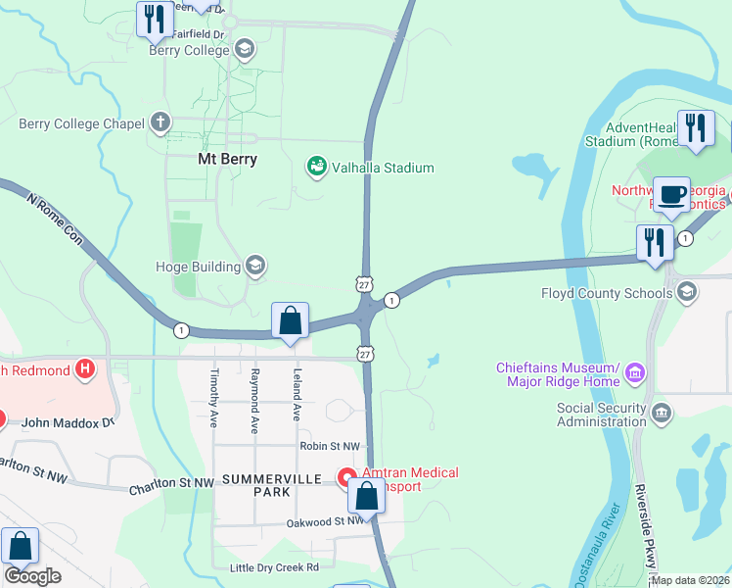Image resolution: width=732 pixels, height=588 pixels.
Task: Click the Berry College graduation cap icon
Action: coord(244,48)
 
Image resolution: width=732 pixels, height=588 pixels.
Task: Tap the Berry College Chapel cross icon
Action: coord(160,123)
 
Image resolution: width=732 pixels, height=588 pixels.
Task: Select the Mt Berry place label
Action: coord(227,159)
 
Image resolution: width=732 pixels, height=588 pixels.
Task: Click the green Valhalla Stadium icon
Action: coord(317,168)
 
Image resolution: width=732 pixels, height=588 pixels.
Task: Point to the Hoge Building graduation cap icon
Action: coord(255,266)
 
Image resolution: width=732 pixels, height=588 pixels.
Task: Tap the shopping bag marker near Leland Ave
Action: coord(290,320)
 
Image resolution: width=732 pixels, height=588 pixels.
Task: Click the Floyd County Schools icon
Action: coord(687,291)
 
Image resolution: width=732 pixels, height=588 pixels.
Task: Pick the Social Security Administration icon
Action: coord(662,411)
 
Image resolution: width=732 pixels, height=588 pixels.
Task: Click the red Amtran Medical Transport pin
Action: coord(346,477)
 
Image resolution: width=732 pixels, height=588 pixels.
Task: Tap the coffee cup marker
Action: coord(671,195)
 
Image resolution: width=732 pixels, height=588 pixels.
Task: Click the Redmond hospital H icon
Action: coord(86,369)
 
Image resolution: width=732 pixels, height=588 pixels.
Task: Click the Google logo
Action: coord(31,576)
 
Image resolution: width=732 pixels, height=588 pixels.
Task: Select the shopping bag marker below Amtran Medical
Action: coord(366,497)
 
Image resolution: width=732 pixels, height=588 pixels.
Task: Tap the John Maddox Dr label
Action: coord(69,422)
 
